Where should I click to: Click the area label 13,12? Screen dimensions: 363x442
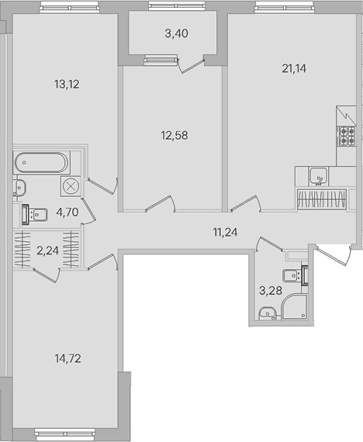click(67, 85)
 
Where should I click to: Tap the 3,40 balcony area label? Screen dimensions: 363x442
click(177, 33)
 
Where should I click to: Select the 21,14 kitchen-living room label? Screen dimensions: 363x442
click(294, 68)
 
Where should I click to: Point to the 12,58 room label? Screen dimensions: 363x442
click(175, 136)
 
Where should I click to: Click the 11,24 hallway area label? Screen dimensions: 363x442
click(225, 233)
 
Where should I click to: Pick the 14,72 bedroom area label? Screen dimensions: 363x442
click(68, 358)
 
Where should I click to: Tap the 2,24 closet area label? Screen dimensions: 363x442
click(47, 250)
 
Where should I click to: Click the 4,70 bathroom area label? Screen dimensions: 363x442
click(67, 212)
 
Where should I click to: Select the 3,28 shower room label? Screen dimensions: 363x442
click(271, 290)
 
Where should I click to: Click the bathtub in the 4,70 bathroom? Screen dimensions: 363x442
click(41, 163)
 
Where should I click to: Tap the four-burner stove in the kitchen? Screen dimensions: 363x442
click(347, 136)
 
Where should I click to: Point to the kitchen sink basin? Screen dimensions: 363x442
click(319, 176)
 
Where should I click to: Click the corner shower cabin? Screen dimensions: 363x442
click(294, 307)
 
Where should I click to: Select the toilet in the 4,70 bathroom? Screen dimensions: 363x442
click(35, 215)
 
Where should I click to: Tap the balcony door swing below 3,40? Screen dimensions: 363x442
click(191, 67)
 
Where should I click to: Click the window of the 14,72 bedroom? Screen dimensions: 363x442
click(65, 433)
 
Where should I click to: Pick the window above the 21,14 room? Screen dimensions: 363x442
click(284, 7)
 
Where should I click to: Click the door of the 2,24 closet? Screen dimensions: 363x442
click(47, 275)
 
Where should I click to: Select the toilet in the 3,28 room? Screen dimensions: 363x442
click(296, 275)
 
